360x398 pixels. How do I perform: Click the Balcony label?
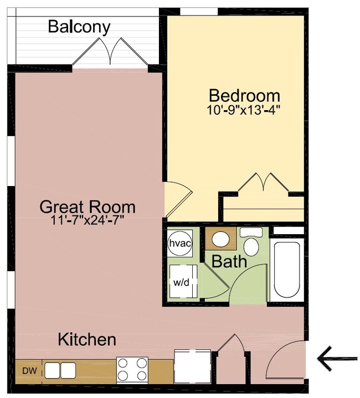pyautogui.click(x=79, y=27)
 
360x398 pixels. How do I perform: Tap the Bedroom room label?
pyautogui.click(x=244, y=96)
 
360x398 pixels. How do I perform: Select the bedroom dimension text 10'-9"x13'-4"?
pyautogui.click(x=244, y=110)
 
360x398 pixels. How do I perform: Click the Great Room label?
pyautogui.click(x=88, y=206)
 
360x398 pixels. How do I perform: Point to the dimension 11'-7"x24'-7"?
pyautogui.click(x=88, y=220)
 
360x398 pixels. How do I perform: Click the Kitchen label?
pyautogui.click(x=87, y=339)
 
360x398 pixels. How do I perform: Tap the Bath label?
pyautogui.click(x=229, y=261)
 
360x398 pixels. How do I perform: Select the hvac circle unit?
pyautogui.click(x=180, y=244)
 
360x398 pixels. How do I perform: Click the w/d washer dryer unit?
pyautogui.click(x=183, y=282)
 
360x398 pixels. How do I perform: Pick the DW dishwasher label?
pyautogui.click(x=29, y=371)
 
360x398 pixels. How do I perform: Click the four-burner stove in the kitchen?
pyautogui.click(x=132, y=370)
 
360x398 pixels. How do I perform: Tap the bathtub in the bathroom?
pyautogui.click(x=287, y=270)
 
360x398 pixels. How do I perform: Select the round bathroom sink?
pyautogui.click(x=220, y=239)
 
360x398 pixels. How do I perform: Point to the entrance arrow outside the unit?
pyautogui.click(x=337, y=358)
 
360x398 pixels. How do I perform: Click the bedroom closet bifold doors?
pyautogui.click(x=263, y=182)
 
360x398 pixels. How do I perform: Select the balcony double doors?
pyautogui.click(x=110, y=51)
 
